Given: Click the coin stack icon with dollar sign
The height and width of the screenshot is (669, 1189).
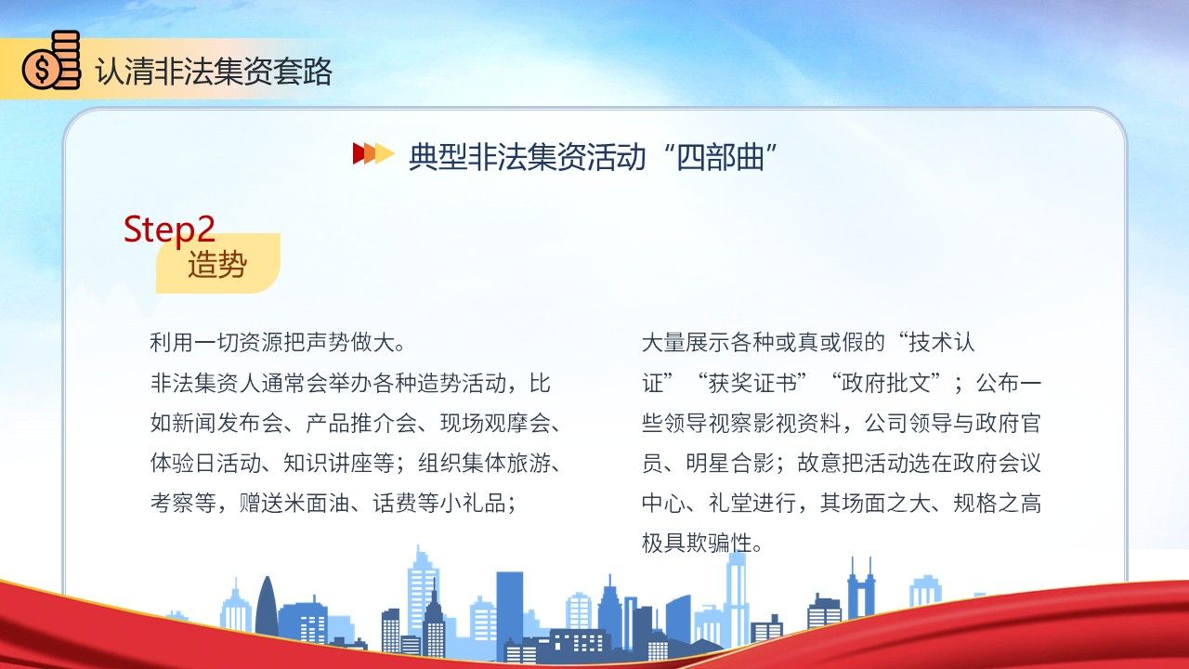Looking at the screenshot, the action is pyautogui.click(x=51, y=60).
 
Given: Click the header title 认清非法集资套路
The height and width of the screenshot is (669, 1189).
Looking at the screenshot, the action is pyautogui.click(x=214, y=72).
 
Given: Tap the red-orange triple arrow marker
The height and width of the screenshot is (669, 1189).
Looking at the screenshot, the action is pyautogui.click(x=373, y=153).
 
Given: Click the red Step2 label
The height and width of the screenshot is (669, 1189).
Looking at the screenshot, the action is pyautogui.click(x=169, y=229).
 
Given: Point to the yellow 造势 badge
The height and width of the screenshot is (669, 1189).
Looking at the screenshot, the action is pyautogui.click(x=217, y=263).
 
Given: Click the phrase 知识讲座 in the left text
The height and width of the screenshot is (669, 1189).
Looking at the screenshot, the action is pyautogui.click(x=328, y=463).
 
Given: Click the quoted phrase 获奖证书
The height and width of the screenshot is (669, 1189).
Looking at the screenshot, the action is pyautogui.click(x=752, y=383).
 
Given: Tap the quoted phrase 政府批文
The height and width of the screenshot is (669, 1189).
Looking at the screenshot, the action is pyautogui.click(x=886, y=383).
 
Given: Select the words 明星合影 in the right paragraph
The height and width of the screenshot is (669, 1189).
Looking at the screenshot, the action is pyautogui.click(x=730, y=463).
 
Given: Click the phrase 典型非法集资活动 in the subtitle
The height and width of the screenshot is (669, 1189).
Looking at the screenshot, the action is pyautogui.click(x=527, y=157).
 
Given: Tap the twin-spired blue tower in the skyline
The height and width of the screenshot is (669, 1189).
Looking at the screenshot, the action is pyautogui.click(x=860, y=588).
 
